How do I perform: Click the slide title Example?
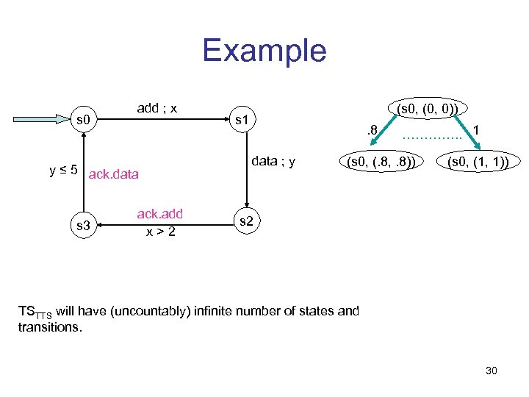coord(264,51)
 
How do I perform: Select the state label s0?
coord(84,118)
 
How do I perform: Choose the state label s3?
coord(84,225)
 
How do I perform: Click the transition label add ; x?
coord(157,108)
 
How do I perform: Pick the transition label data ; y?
coord(273,161)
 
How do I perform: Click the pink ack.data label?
coord(112,174)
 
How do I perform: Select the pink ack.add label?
coord(159,215)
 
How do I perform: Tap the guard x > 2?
coord(159,231)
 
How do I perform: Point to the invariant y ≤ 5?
coord(64,171)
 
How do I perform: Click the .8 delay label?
coord(371,130)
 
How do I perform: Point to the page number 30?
coord(491,371)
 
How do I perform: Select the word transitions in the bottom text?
coord(49,326)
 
